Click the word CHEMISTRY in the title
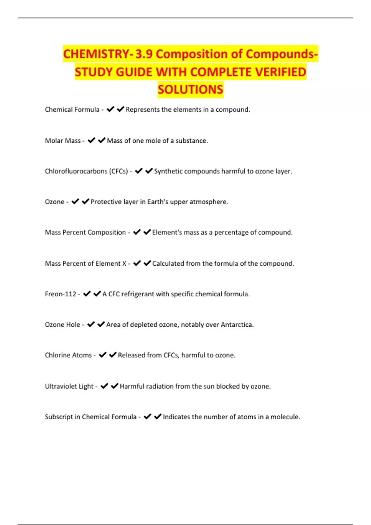pos(96,54)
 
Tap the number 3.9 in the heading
pos(144,54)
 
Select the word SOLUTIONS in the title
pos(190,90)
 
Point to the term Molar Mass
pos(63,141)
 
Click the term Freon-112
pos(61,294)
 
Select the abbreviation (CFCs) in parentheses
pos(118,171)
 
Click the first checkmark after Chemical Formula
pos(110,109)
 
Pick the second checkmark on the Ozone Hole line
pos(101,324)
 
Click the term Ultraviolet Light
pos(69,386)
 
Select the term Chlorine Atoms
pos(68,355)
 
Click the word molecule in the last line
pos(285,417)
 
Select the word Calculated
pos(168,263)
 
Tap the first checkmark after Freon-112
pos(87,294)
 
